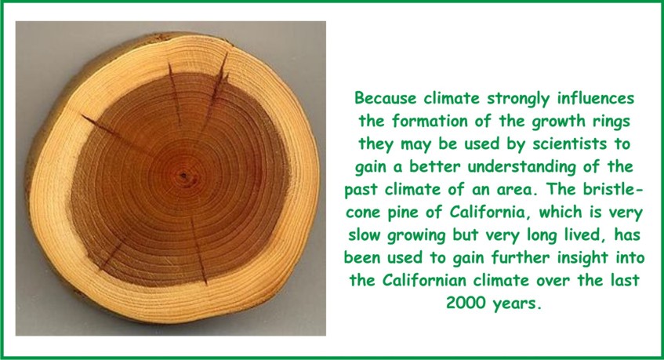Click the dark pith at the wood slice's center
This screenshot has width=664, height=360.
[x=183, y=175]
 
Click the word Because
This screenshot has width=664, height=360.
[x=386, y=98]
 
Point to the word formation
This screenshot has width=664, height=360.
[x=429, y=121]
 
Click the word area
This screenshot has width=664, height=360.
[x=514, y=190]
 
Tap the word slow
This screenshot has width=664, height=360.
[x=365, y=235]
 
